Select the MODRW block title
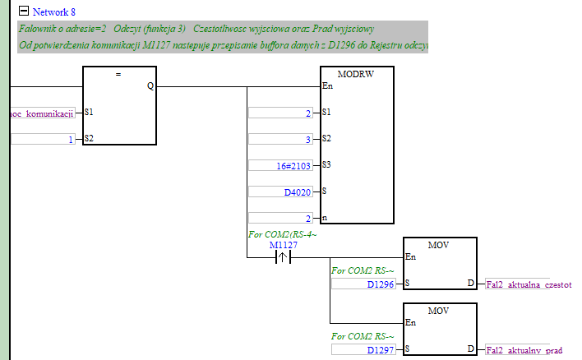pos(356,73)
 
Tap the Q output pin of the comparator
pos(150,85)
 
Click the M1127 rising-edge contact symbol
pos(282,257)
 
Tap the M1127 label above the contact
pos(282,245)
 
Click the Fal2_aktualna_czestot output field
pos(529,284)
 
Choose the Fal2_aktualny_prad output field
pos(524,350)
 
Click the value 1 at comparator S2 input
pos(41,140)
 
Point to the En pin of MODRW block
pos(328,85)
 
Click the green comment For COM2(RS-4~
pos(282,235)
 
